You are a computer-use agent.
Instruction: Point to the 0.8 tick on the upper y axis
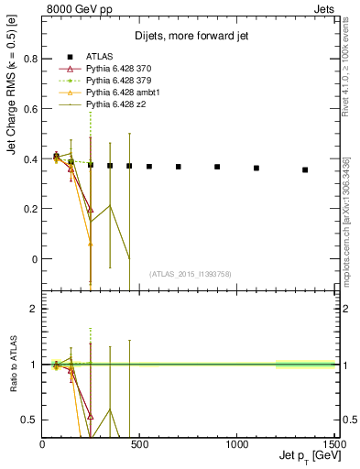click(x=31, y=59)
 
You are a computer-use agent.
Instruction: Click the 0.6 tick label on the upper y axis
click(x=31, y=109)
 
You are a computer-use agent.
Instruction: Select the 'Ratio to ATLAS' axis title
click(x=13, y=364)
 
